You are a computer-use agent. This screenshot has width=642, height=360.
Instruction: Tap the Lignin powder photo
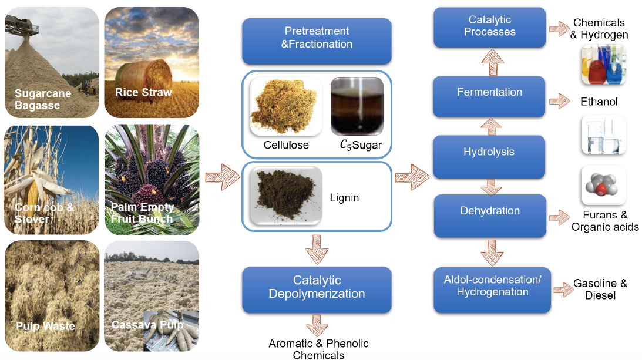click(x=285, y=196)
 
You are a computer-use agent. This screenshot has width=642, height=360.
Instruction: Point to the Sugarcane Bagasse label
click(x=43, y=99)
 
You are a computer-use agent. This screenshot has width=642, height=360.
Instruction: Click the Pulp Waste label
click(x=45, y=326)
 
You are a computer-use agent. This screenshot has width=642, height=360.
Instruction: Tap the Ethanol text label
click(x=599, y=102)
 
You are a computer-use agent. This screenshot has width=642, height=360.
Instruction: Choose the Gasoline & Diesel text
click(x=600, y=290)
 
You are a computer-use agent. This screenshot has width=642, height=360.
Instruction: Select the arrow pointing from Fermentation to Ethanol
click(x=559, y=102)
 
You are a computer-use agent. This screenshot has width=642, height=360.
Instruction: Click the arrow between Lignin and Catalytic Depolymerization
click(x=317, y=248)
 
